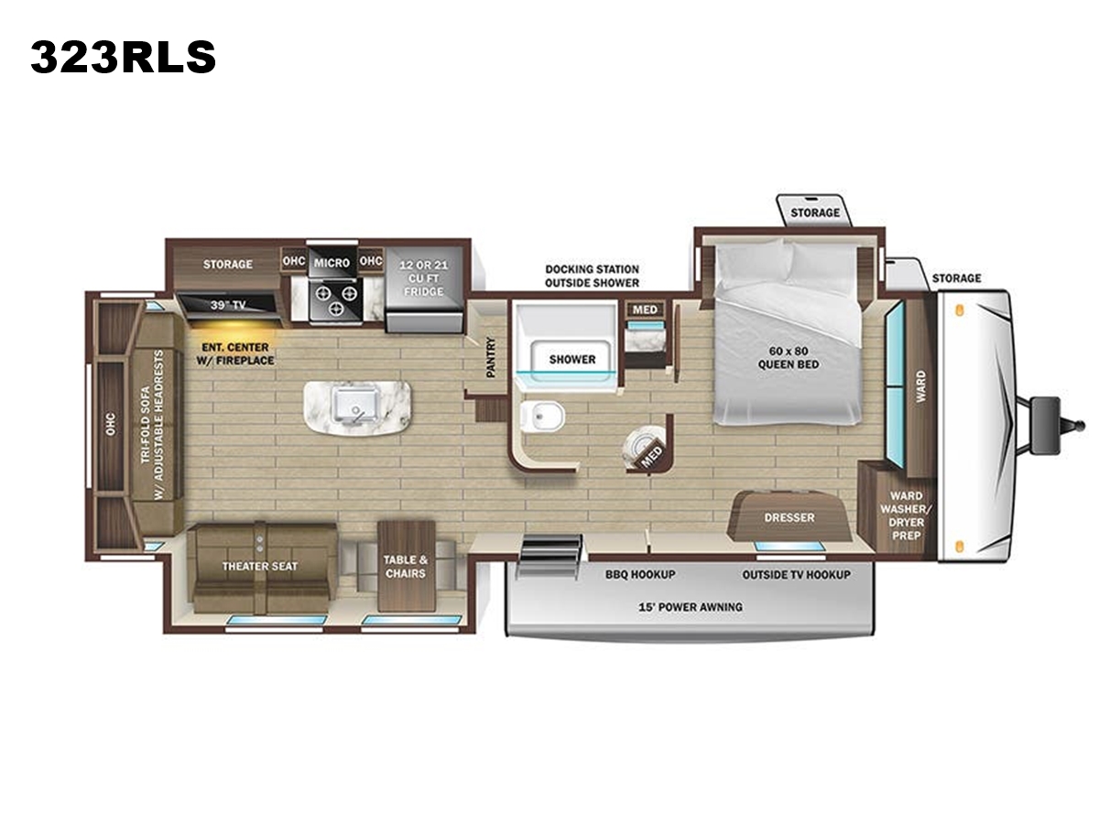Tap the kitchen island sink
click(356, 407)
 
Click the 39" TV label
click(228, 305)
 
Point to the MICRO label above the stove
click(332, 263)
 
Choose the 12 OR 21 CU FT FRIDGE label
click(424, 278)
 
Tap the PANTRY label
click(491, 357)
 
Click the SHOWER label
click(572, 359)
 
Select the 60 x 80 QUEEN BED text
click(789, 358)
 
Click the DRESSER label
click(789, 517)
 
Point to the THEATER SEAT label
click(260, 567)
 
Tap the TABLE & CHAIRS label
click(406, 567)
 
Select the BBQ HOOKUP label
click(640, 575)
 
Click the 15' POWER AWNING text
click(691, 607)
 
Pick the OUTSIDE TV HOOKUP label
click(796, 575)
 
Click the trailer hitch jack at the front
click(1043, 427)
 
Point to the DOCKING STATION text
click(592, 269)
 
